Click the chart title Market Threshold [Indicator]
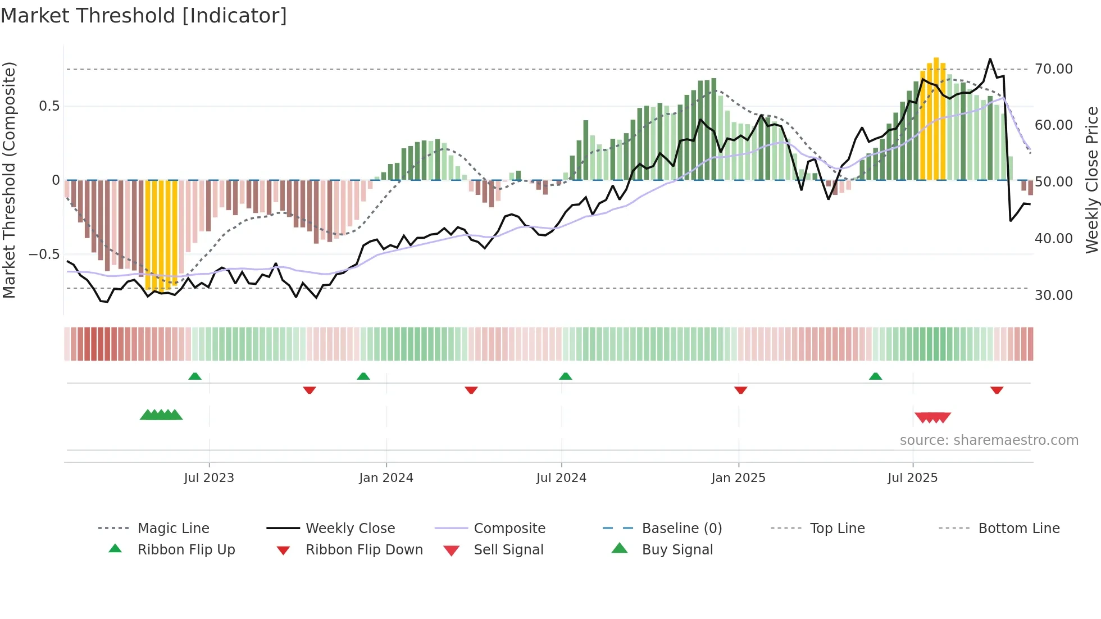click(144, 16)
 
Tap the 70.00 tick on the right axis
click(1053, 69)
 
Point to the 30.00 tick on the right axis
click(1053, 295)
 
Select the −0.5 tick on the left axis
click(44, 254)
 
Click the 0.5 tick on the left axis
click(49, 106)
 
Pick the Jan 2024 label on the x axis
click(386, 478)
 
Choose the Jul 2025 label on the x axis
click(912, 478)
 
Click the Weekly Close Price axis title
click(1091, 180)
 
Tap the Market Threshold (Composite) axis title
click(9, 180)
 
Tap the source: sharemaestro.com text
click(989, 440)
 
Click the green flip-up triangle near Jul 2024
click(566, 376)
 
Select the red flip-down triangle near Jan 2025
click(740, 390)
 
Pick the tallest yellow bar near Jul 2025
click(936, 118)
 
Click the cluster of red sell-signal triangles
click(932, 417)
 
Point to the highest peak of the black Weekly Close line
click(990, 60)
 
